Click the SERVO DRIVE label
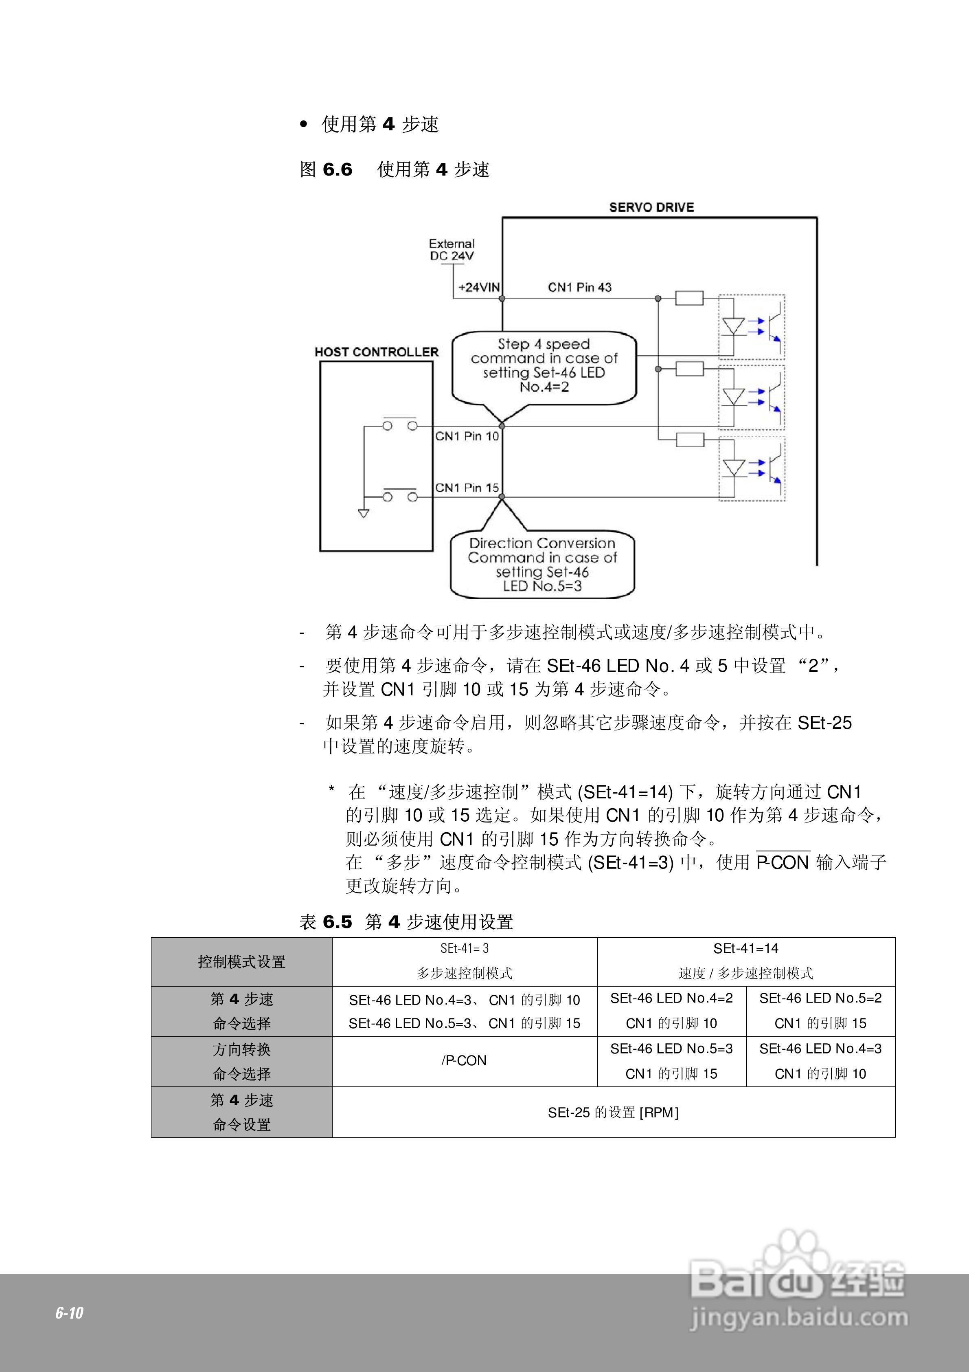(x=651, y=207)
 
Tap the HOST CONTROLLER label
(x=376, y=352)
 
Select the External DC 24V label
(x=452, y=250)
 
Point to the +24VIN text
(x=478, y=288)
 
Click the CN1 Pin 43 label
(x=579, y=288)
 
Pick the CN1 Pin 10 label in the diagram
(x=467, y=436)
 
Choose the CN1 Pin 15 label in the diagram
(x=467, y=488)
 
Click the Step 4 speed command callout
(x=544, y=366)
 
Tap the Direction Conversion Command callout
(x=542, y=564)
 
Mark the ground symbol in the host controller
(x=363, y=513)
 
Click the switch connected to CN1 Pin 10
(x=400, y=425)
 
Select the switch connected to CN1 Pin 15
(x=400, y=496)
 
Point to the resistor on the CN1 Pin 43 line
(x=689, y=298)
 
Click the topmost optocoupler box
(x=751, y=327)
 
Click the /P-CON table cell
(x=464, y=1061)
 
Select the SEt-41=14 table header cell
(x=745, y=961)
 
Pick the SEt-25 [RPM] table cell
(x=613, y=1112)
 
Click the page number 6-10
(x=69, y=1313)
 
